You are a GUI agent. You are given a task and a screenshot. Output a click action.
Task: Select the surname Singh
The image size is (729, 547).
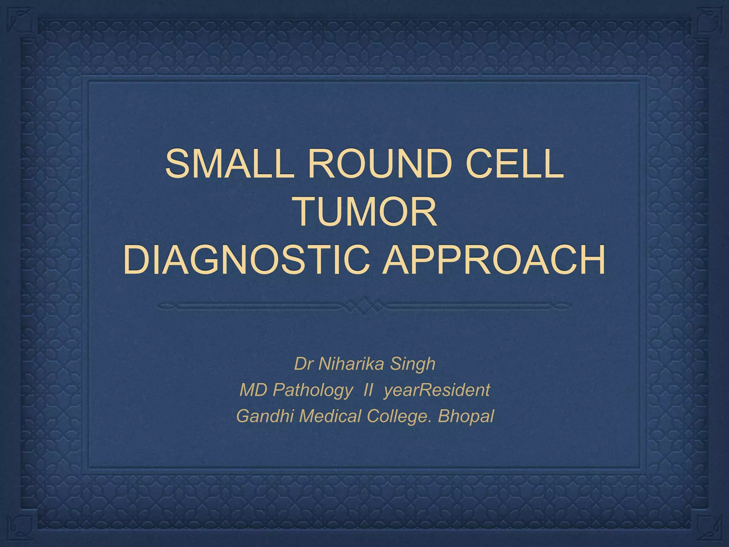click(413, 364)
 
